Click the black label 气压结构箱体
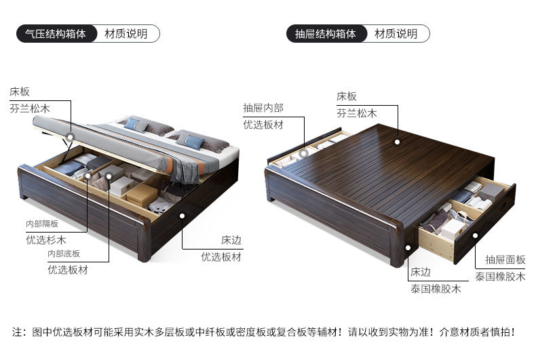[x=56, y=33]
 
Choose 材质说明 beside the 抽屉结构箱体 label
[x=396, y=33]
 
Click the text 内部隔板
[x=42, y=223]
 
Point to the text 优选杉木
[x=47, y=239]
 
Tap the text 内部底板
[x=63, y=254]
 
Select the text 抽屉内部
[x=263, y=108]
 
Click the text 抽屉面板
[x=505, y=260]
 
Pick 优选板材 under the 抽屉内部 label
[x=263, y=125]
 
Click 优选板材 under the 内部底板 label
[x=67, y=269]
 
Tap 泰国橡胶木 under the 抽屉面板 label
[x=499, y=277]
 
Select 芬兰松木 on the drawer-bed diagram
[x=356, y=113]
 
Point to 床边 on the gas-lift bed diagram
[x=231, y=240]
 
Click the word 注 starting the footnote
[x=18, y=332]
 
